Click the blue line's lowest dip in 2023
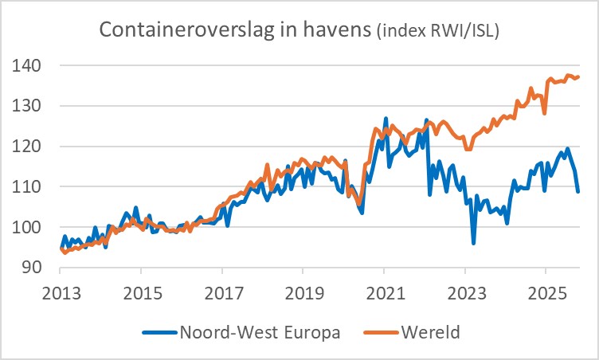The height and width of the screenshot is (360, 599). pos(473,242)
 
